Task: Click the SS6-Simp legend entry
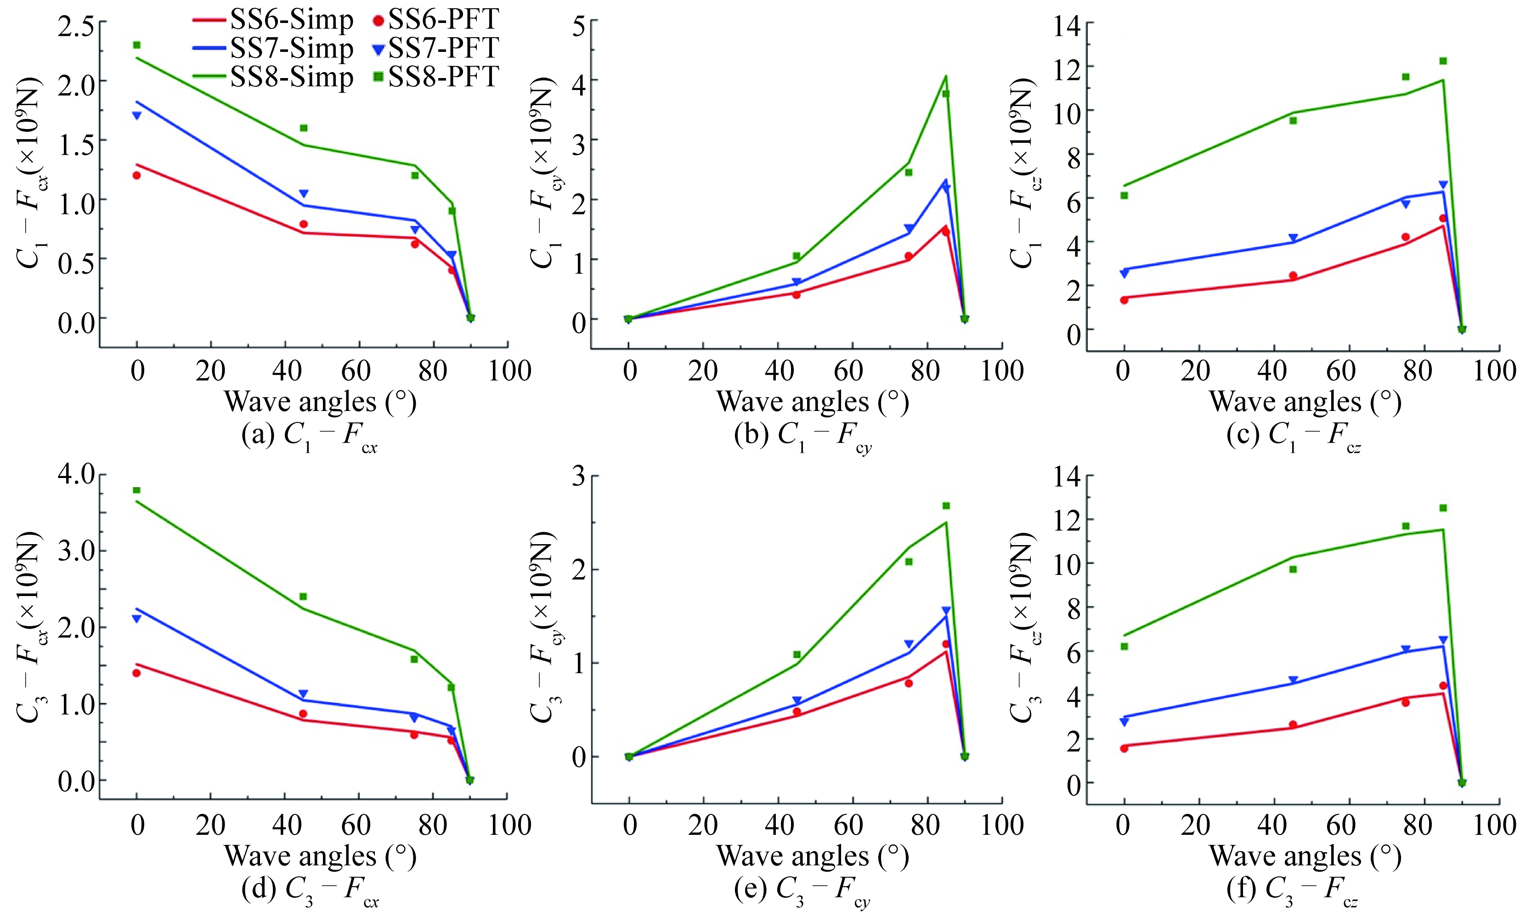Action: click(271, 20)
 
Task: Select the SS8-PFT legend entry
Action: click(436, 77)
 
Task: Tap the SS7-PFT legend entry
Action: click(436, 49)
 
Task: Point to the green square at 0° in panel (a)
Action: click(137, 45)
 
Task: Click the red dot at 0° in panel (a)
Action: click(137, 175)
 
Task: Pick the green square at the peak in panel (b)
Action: click(946, 94)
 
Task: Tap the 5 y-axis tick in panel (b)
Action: click(579, 27)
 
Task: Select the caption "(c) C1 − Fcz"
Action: click(1294, 436)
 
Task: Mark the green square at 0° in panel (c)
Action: click(1124, 196)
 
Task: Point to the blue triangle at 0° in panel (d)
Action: click(137, 619)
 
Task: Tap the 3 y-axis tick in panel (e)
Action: click(579, 476)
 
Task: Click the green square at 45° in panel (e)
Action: click(797, 654)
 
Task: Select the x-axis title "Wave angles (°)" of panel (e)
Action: click(813, 856)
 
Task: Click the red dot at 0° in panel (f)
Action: click(1124, 748)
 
